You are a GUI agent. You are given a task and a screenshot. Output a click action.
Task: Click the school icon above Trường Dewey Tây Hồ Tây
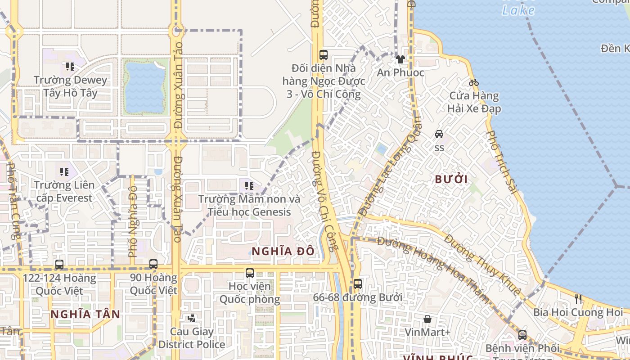(70, 67)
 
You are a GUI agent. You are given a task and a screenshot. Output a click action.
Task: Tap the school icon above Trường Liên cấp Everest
(64, 171)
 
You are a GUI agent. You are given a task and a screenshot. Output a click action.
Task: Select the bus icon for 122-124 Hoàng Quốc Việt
(59, 265)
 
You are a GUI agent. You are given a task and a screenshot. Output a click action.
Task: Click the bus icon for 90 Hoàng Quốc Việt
(153, 264)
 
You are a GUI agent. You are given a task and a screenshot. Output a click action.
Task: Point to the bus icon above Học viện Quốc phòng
(250, 273)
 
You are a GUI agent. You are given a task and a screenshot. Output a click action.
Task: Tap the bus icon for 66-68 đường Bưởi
(358, 284)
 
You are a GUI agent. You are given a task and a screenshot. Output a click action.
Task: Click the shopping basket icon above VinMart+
(427, 319)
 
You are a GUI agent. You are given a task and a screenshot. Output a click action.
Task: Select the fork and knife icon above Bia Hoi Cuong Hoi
(578, 299)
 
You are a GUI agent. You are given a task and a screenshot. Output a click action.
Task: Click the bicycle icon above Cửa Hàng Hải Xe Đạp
(473, 82)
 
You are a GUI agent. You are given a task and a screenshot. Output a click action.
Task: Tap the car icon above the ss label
(439, 134)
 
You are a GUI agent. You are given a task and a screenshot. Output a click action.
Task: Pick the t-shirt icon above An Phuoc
(400, 59)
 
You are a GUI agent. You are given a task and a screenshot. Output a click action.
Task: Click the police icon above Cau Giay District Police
(192, 318)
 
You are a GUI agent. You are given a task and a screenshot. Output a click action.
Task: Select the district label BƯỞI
(451, 179)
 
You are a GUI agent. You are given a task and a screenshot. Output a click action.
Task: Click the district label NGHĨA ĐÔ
(283, 252)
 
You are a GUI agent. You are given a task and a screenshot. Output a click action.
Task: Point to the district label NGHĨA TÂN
(85, 314)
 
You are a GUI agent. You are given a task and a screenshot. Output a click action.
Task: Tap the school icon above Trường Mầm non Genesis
(249, 185)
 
